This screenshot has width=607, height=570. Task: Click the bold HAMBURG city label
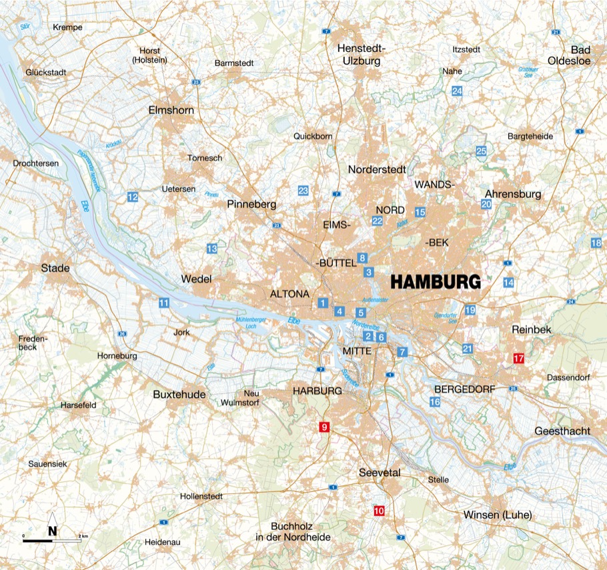(x=435, y=282)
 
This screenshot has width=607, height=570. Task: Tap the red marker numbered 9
(x=325, y=427)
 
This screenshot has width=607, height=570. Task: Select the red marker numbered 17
(x=518, y=359)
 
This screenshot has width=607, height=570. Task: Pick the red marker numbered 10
(x=380, y=511)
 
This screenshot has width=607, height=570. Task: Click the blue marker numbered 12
(x=133, y=197)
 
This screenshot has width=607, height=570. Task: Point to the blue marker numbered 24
(x=457, y=91)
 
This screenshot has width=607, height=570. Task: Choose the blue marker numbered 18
(x=596, y=243)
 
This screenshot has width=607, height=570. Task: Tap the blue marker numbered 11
(x=163, y=303)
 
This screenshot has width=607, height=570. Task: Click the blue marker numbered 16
(x=435, y=402)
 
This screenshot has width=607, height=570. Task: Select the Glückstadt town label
(x=43, y=72)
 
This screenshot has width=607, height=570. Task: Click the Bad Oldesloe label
(x=578, y=55)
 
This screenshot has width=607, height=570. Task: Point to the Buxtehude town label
(x=179, y=395)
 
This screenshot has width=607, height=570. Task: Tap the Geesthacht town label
(x=562, y=431)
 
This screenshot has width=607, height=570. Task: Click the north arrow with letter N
(x=52, y=530)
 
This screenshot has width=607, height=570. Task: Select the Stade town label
(x=55, y=268)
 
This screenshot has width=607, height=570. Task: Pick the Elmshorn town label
(x=171, y=110)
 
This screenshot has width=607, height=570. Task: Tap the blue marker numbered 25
(x=482, y=151)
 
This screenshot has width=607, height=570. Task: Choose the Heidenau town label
(x=163, y=543)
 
